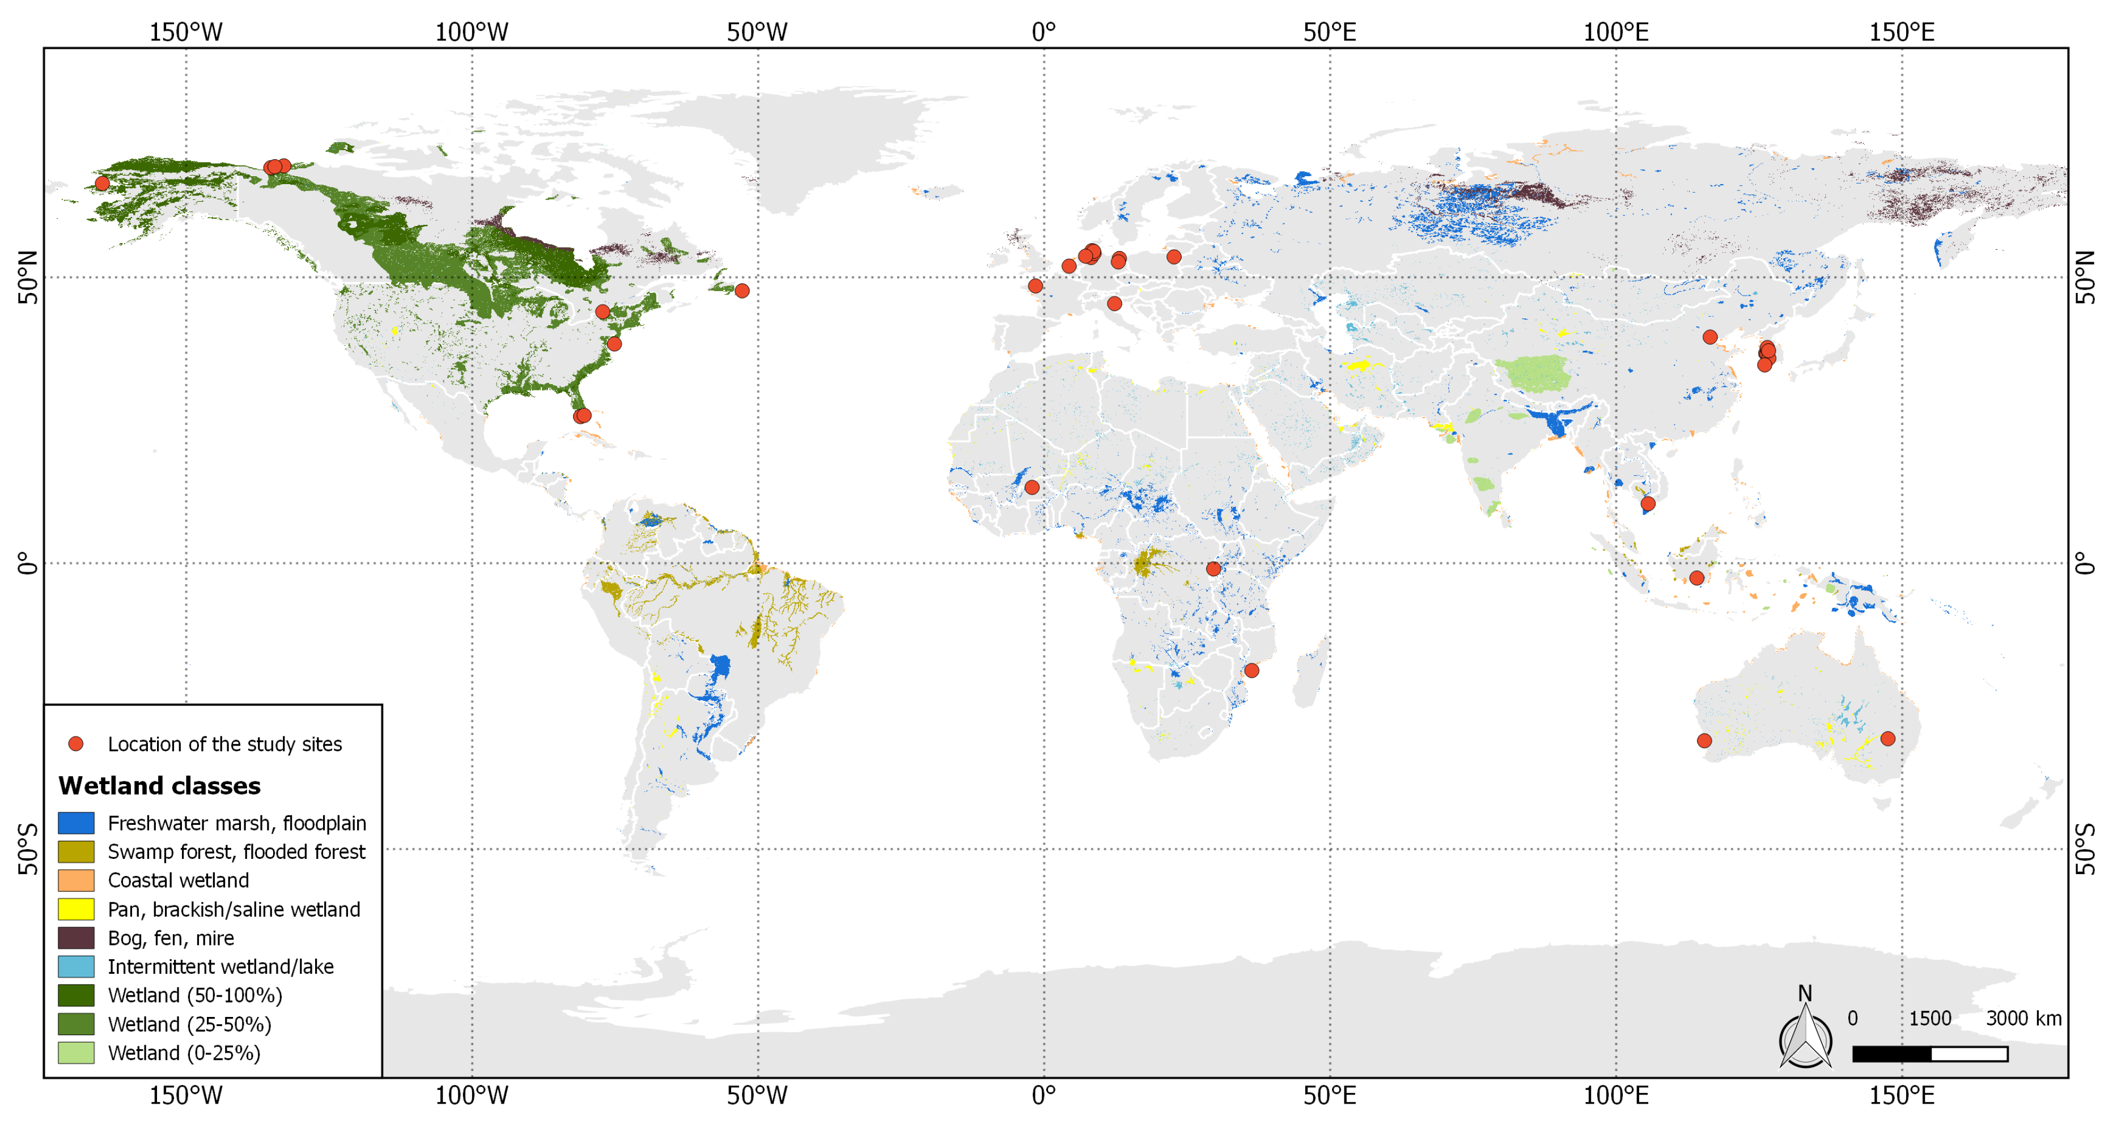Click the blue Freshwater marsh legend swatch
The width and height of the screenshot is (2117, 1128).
click(75, 823)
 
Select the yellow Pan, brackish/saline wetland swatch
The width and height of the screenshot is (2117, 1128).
click(75, 909)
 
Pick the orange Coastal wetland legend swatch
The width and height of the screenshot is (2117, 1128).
click(75, 880)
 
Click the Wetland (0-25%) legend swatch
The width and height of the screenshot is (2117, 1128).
click(75, 1053)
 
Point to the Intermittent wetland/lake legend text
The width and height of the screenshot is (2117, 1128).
click(220, 966)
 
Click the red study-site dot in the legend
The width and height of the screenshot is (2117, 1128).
click(75, 743)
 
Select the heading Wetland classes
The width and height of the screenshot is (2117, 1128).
click(159, 785)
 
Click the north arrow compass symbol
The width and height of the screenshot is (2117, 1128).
click(1805, 1033)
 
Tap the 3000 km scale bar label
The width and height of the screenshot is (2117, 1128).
click(2023, 1018)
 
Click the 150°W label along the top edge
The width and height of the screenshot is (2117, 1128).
click(186, 32)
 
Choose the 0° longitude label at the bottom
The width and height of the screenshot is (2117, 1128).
click(1043, 1095)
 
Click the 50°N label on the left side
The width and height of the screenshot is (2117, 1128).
click(28, 277)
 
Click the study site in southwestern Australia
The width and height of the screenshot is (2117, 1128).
click(1704, 740)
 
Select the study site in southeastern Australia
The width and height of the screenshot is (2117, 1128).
click(1887, 739)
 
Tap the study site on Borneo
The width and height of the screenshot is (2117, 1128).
click(1696, 577)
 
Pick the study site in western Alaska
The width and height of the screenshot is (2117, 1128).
click(102, 183)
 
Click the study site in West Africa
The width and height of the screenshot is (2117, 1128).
click(1032, 487)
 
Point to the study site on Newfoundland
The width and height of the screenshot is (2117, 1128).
click(742, 290)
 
